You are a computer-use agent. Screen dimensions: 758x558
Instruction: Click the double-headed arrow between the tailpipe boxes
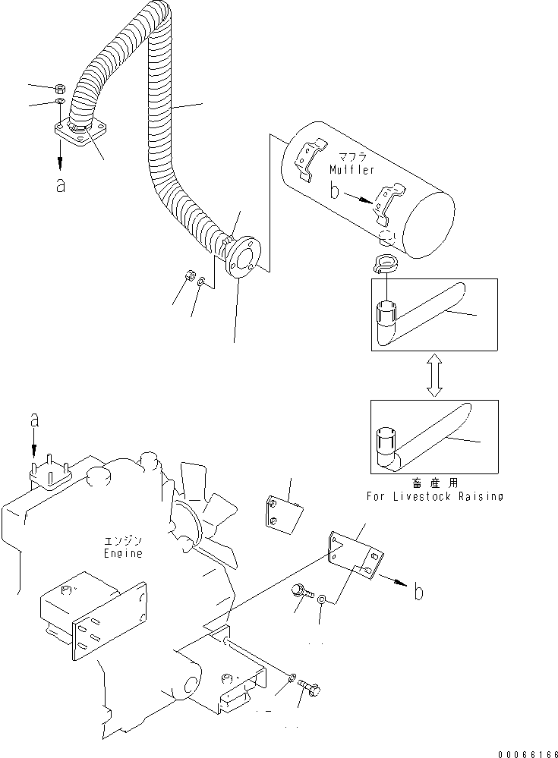(x=433, y=376)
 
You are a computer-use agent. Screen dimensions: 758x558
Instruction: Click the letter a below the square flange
(x=60, y=184)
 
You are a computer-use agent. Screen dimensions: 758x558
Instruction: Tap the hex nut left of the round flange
(x=191, y=275)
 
